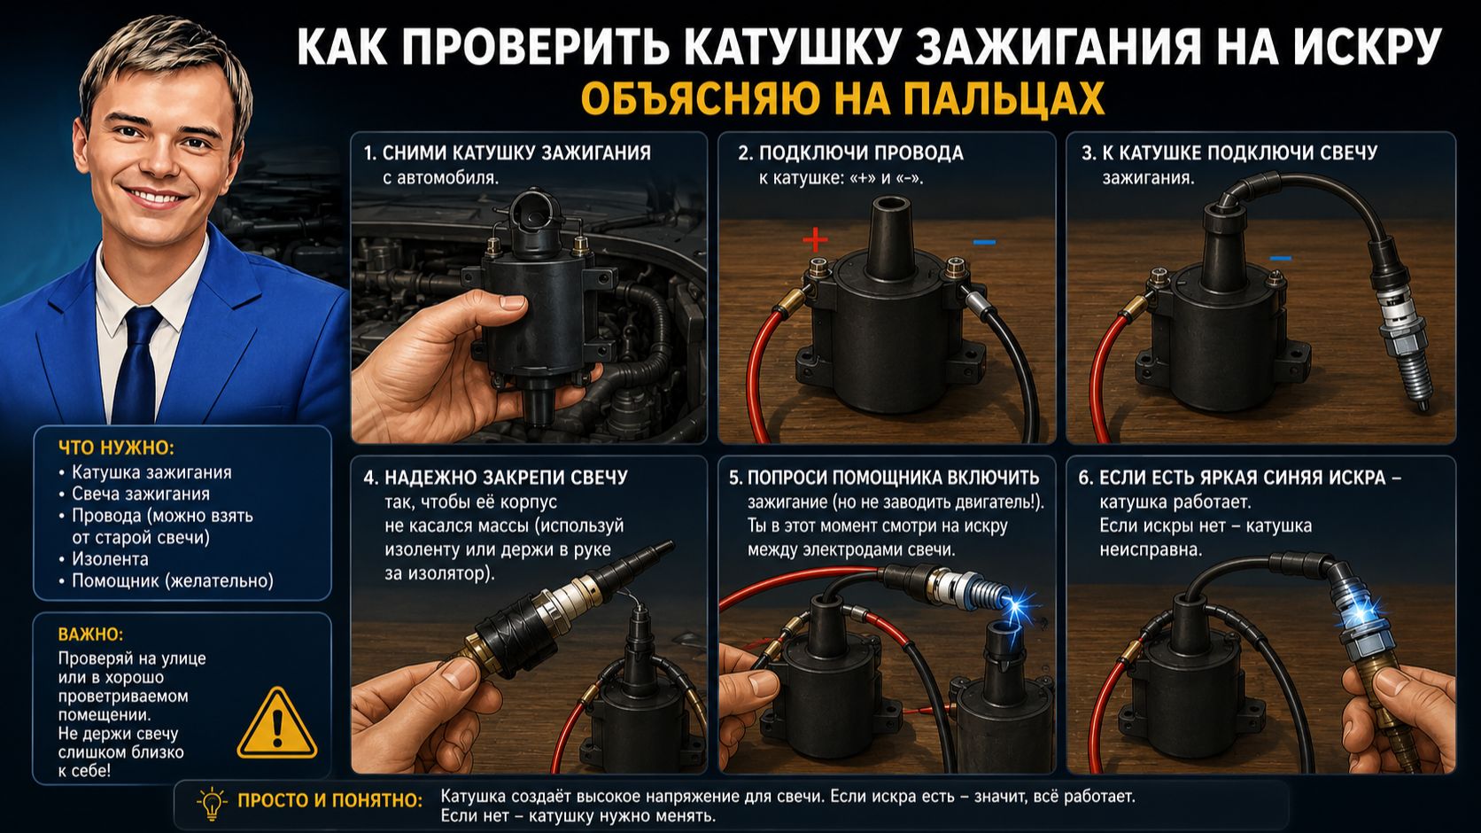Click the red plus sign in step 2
pyautogui.click(x=815, y=239)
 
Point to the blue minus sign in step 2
pyautogui.click(x=984, y=242)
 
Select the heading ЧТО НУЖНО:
pyautogui.click(x=116, y=448)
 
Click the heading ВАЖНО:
pyautogui.click(x=90, y=634)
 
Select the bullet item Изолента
pyautogui.click(x=110, y=559)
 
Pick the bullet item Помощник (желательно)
pyautogui.click(x=173, y=581)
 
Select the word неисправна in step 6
pyautogui.click(x=1151, y=550)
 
